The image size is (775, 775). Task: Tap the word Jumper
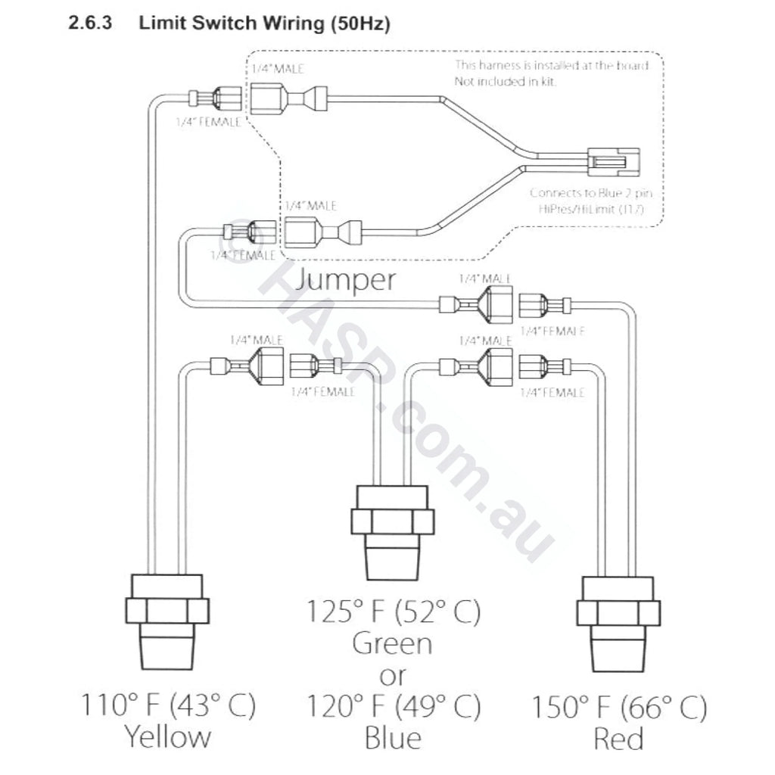coord(346,280)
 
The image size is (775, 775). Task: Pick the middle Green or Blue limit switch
coord(391,522)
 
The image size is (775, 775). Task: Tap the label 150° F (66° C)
coord(618,708)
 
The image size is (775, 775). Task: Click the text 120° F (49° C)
coord(393,707)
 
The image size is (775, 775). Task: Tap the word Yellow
coord(167,736)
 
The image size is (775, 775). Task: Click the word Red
coord(618,738)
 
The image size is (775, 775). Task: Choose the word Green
coord(393,644)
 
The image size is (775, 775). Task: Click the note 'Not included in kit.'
coord(505,81)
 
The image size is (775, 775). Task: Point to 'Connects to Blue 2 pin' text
coord(586,193)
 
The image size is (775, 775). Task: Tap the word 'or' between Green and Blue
coord(393,675)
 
